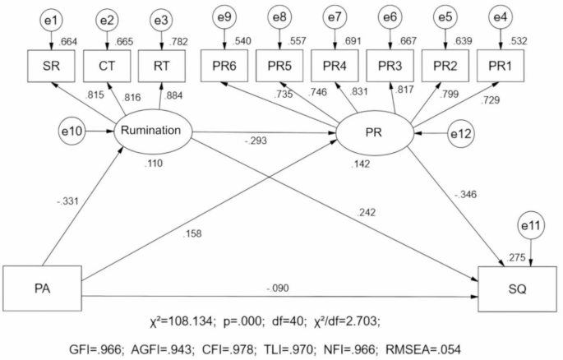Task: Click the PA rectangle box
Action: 41,288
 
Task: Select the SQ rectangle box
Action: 519,288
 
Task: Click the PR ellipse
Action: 375,130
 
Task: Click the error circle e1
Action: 51,16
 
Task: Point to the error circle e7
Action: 335,16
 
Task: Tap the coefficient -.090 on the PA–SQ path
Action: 279,288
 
